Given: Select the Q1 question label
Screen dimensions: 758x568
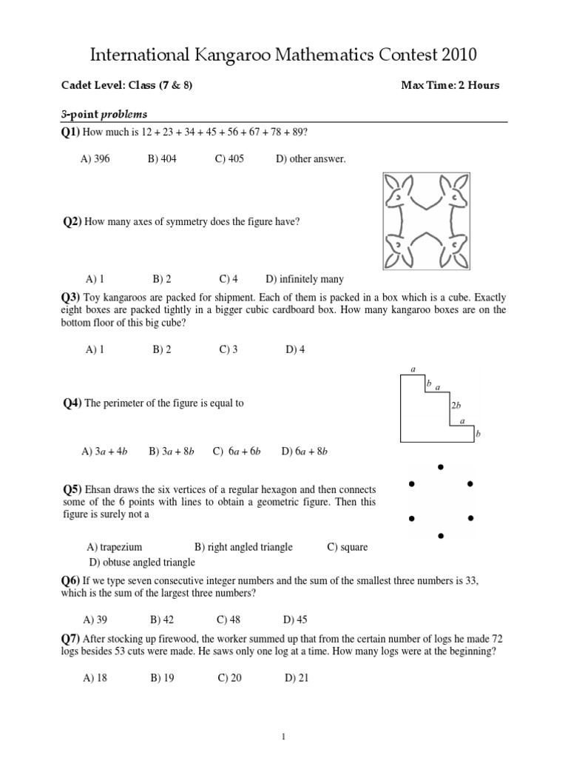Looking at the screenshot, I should point(70,132).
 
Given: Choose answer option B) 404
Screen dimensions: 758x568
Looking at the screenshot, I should point(162,159).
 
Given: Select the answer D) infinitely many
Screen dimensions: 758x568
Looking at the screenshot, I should point(305,279).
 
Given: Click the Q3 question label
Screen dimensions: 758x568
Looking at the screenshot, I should point(70,297).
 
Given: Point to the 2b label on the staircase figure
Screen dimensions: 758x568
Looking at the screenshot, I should point(456,405).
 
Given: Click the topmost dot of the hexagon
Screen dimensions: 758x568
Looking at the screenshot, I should point(441,466).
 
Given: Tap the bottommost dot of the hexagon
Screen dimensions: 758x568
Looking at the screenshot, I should point(441,534).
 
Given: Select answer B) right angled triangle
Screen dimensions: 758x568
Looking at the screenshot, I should point(243,547).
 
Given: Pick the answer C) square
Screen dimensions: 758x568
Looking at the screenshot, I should point(347,547).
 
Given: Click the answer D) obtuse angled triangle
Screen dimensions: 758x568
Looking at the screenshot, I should point(141,563).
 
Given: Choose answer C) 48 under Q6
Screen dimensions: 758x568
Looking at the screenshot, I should point(229,620).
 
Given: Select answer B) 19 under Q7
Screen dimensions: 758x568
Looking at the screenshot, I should point(162,677).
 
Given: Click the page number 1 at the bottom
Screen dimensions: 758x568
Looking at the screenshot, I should point(284,737).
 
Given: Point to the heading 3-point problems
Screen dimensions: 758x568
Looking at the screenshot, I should point(104,114).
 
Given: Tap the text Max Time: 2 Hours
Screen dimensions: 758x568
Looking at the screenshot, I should point(450,85).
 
